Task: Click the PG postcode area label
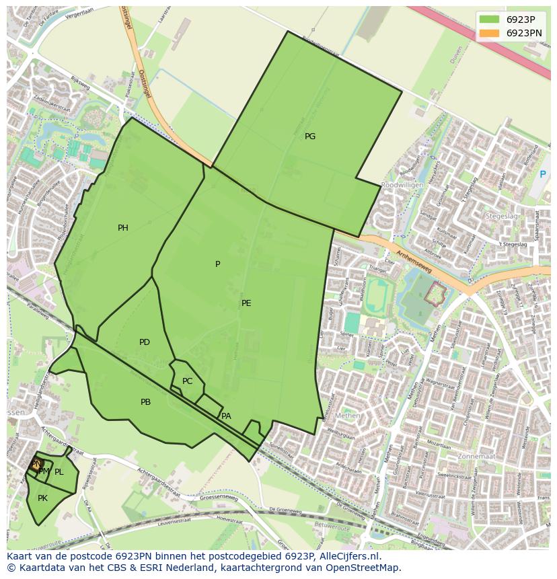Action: tap(309, 137)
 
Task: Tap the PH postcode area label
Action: tap(122, 228)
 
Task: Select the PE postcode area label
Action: tap(246, 303)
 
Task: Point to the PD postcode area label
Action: tap(144, 342)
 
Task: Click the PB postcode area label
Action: tap(145, 402)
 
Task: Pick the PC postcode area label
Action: tap(187, 381)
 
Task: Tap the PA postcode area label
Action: tap(226, 416)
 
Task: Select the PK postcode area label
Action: tap(42, 498)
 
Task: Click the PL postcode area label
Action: tap(59, 472)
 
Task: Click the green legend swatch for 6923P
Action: tap(489, 20)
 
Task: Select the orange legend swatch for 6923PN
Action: tap(489, 32)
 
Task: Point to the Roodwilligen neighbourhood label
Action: tap(402, 185)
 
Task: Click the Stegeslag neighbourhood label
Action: tap(501, 217)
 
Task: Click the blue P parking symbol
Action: tap(543, 175)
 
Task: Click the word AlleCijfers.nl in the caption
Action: tap(349, 556)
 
